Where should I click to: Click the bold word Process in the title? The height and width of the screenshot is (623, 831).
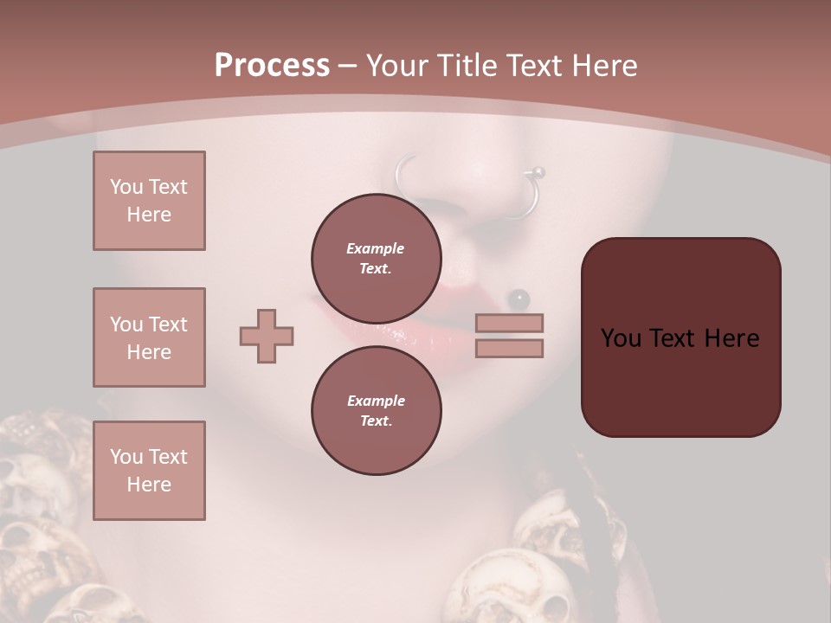tap(272, 65)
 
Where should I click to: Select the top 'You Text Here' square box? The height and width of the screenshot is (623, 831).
tap(149, 201)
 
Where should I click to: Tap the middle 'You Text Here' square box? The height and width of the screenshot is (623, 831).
tap(149, 337)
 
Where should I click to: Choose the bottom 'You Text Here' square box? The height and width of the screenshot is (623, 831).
tap(149, 471)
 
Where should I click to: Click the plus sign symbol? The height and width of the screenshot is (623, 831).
tap(267, 336)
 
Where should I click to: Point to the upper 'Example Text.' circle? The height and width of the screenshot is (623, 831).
tap(376, 258)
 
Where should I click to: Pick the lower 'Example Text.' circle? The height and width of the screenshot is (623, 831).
tap(376, 410)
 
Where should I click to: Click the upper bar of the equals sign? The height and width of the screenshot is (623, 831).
tap(510, 323)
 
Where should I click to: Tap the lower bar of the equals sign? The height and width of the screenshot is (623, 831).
tap(510, 348)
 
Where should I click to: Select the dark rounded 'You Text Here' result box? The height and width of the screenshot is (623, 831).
tap(680, 337)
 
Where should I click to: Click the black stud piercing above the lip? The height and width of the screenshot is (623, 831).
tap(519, 299)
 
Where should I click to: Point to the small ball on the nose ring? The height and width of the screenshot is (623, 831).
tap(538, 172)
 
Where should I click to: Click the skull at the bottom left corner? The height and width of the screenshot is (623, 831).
tap(35, 562)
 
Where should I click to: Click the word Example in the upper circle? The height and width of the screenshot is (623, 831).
tap(376, 248)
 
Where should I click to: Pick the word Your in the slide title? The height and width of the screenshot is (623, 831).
tap(395, 65)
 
